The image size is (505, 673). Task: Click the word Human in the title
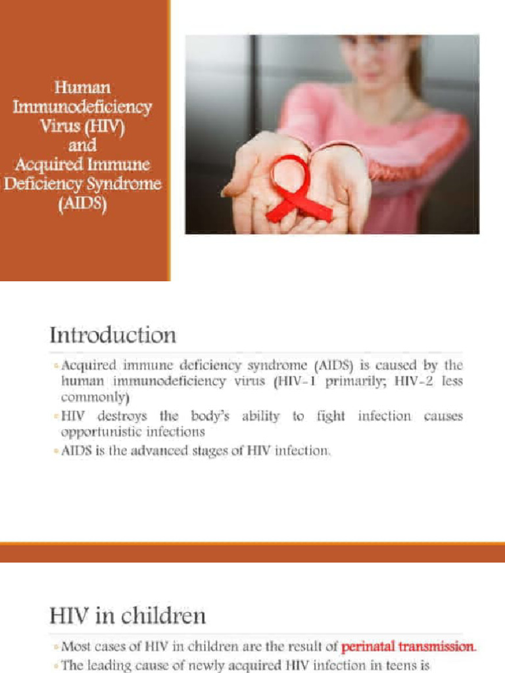[x=82, y=87]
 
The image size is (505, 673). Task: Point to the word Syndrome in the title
[x=125, y=183]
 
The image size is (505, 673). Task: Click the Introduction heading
[x=113, y=335]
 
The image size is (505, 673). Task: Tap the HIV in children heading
[x=128, y=616]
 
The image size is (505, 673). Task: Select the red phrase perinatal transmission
[x=408, y=647]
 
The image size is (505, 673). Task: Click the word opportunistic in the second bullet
[x=98, y=432]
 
